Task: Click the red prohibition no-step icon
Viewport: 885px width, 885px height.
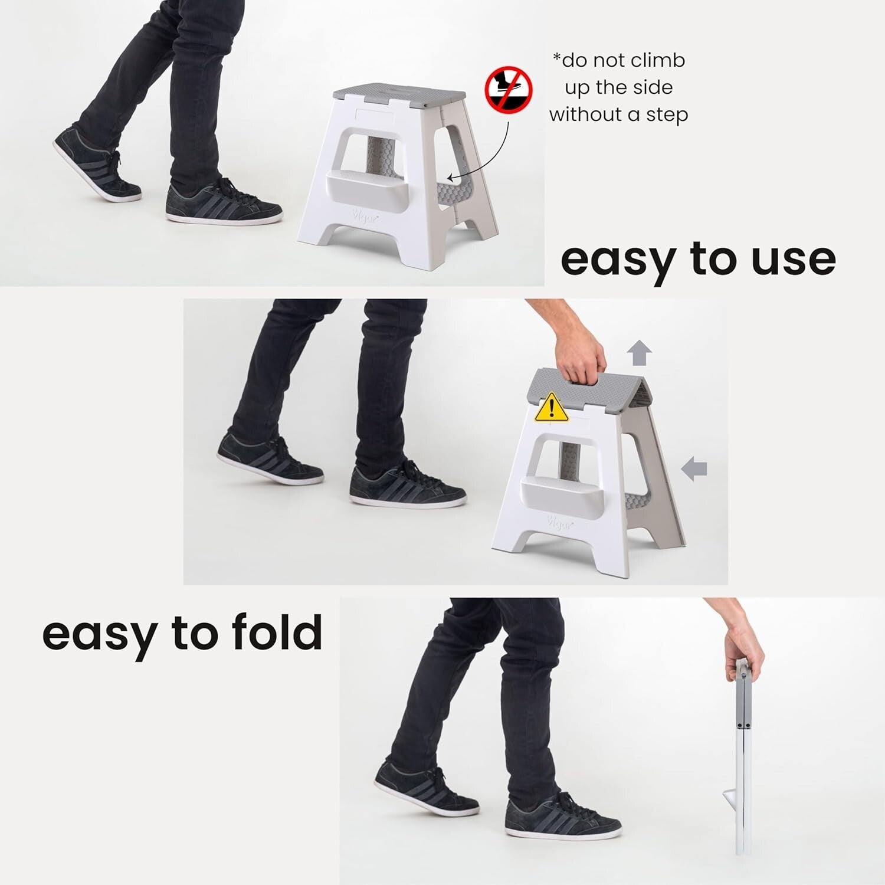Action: coord(508,90)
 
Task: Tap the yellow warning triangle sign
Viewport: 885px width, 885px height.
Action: coord(551,408)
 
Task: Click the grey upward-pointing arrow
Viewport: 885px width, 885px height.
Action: coord(640,354)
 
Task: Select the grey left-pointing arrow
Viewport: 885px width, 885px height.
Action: coord(694,469)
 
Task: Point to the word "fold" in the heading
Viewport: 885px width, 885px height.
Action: coord(277,632)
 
